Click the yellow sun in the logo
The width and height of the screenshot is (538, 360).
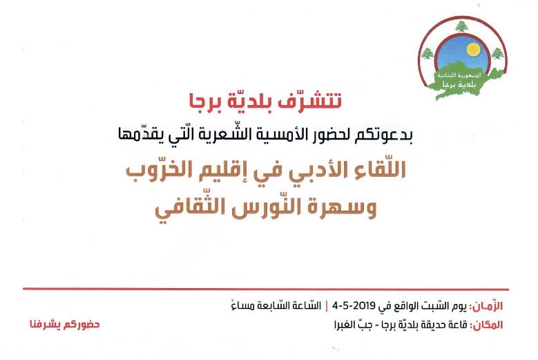[473, 50]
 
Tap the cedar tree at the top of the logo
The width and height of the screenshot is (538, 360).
[461, 26]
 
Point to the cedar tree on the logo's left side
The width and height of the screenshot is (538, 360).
[427, 54]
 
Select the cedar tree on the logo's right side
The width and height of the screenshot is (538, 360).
[497, 53]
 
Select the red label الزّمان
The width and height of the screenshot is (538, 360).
[488, 306]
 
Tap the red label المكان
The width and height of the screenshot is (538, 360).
[488, 325]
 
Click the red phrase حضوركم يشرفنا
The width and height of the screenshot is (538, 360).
[64, 324]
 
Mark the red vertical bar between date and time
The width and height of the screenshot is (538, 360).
[326, 305]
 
